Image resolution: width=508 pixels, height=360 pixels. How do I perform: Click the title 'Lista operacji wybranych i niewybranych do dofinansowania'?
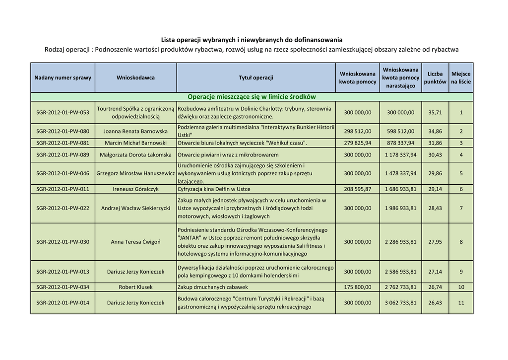point(252,40)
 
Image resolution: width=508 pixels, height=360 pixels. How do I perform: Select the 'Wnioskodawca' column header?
point(135,77)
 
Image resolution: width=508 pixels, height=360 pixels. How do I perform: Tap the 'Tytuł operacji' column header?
point(255,77)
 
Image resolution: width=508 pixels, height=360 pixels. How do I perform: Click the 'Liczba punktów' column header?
point(435,77)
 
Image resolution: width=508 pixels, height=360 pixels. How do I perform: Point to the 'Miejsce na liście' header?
point(461,77)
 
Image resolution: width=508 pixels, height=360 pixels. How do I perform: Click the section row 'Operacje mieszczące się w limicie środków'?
point(252,97)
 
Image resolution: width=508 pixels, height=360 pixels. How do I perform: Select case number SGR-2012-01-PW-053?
point(63,112)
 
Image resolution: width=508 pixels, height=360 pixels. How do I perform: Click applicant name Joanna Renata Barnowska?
point(135,132)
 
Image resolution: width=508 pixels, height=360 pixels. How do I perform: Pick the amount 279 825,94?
point(357,143)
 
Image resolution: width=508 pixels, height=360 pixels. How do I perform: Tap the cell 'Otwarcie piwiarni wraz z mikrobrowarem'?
point(228,155)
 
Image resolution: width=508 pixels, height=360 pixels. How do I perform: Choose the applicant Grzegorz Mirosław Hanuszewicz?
point(135,174)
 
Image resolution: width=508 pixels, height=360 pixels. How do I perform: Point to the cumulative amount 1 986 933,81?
point(401,208)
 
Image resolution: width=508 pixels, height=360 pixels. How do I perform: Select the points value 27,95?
point(435,242)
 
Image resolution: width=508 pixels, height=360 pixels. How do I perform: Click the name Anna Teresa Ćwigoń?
point(135,242)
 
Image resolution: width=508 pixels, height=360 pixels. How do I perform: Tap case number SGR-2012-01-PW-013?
point(63,272)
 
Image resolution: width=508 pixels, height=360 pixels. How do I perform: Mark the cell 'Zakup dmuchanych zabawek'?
point(213,287)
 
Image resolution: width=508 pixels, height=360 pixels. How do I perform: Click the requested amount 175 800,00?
point(357,287)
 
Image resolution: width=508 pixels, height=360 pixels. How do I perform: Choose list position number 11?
point(461,303)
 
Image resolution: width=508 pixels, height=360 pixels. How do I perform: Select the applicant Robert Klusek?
point(135,287)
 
